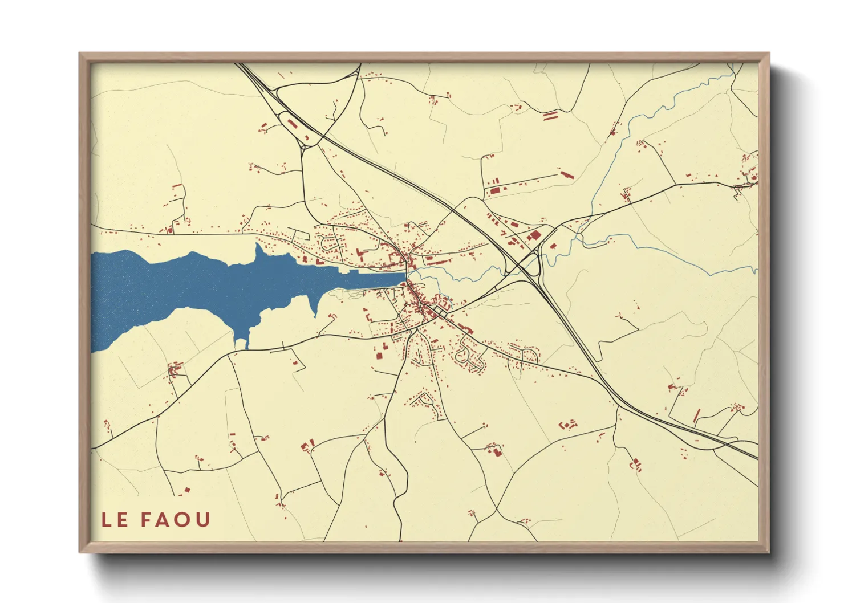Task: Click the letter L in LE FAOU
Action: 107,520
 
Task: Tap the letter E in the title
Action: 123,520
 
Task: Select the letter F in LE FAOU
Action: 146,520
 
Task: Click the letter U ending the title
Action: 204,520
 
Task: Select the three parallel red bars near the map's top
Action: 549,116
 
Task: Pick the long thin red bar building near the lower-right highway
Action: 696,415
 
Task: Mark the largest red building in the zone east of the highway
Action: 534,235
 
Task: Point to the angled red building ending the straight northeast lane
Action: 565,174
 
